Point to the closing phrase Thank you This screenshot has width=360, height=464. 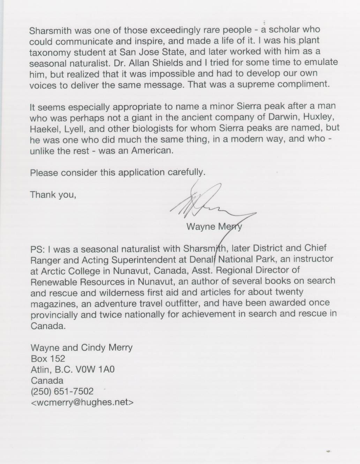[53, 194]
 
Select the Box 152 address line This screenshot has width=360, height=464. [48, 359]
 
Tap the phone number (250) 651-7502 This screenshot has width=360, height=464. [62, 391]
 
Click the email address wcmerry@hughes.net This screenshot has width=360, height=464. [82, 402]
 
